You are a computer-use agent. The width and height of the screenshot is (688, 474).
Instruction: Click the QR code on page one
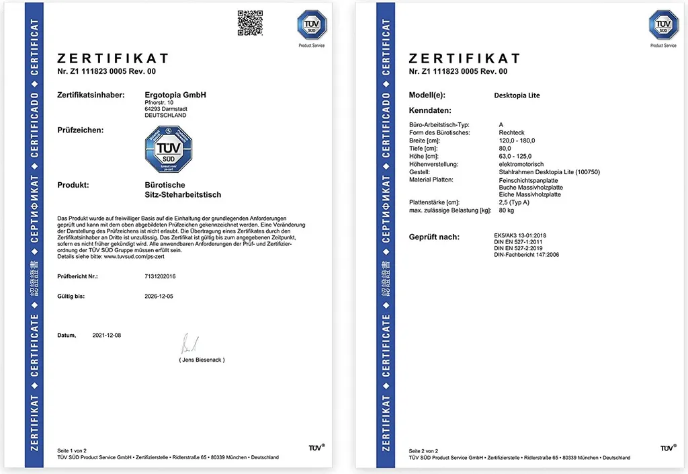click(x=250, y=22)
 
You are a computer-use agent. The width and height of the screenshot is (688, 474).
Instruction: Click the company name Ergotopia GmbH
click(x=175, y=95)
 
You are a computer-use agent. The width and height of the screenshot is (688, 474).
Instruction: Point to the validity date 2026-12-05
click(x=159, y=296)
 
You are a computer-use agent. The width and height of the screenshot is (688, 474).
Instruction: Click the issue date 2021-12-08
click(x=107, y=335)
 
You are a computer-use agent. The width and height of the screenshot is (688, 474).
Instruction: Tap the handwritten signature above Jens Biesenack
click(x=189, y=344)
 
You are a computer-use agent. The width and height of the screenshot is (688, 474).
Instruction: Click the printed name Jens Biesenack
click(x=202, y=360)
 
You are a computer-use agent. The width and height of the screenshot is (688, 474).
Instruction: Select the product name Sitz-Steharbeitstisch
click(x=183, y=195)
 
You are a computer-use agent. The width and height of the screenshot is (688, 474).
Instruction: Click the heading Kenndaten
click(x=430, y=110)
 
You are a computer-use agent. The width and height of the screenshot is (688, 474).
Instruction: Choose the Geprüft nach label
click(x=434, y=237)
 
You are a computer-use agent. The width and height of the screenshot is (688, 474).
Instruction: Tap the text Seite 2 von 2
click(x=424, y=450)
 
